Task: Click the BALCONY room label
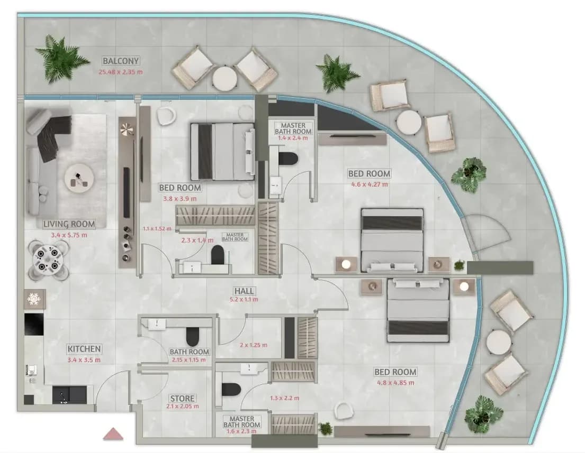121,61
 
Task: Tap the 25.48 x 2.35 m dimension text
121,72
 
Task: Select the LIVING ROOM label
69,224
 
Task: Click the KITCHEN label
84,349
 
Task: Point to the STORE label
183,398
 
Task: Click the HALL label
245,291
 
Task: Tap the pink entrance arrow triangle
113,434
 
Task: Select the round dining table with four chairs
48,260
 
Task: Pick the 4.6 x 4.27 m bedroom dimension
370,184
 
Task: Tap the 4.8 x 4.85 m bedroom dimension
395,383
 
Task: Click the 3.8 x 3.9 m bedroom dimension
180,199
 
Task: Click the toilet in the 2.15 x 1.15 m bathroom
193,336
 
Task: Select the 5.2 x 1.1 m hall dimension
245,299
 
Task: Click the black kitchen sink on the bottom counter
69,395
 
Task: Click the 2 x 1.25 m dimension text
254,345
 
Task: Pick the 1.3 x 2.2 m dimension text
285,398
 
